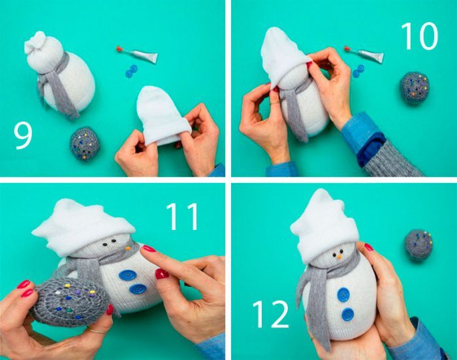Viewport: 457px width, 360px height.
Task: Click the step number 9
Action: tap(23, 137)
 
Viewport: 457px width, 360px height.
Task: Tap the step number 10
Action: tap(419, 36)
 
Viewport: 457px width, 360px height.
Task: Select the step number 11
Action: tap(182, 216)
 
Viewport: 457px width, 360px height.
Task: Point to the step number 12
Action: tap(271, 314)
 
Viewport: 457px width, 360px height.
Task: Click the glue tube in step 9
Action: tap(137, 54)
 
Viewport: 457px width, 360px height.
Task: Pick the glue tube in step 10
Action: tap(364, 54)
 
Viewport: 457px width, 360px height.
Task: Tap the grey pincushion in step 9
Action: tap(85, 144)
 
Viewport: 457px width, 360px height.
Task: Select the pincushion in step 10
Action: tap(415, 88)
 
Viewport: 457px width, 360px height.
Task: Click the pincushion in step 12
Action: tap(418, 244)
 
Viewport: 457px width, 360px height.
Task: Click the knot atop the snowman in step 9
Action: tap(35, 42)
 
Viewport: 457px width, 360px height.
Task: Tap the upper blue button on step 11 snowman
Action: tap(127, 275)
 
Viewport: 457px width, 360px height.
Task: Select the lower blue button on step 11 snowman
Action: tap(138, 289)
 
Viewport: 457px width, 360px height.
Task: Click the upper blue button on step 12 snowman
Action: tap(343, 295)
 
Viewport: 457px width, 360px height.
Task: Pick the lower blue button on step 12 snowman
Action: tap(348, 314)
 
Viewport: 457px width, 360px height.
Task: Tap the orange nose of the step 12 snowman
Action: tap(339, 257)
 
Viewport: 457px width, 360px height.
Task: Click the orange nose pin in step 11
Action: tap(127, 248)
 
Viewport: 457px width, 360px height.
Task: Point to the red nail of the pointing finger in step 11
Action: tap(148, 248)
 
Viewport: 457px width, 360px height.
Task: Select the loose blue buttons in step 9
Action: tap(131, 71)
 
